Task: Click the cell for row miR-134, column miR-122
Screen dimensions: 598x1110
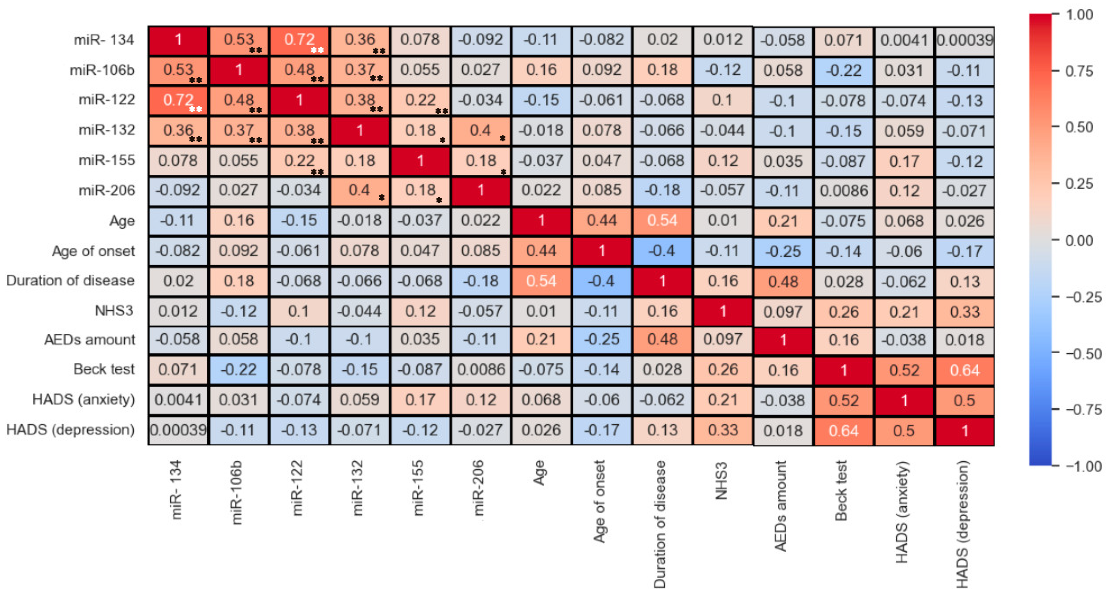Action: pyautogui.click(x=299, y=40)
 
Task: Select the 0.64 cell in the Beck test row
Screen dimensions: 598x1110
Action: pyautogui.click(x=965, y=370)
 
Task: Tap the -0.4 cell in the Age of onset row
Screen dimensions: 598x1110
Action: pyautogui.click(x=662, y=251)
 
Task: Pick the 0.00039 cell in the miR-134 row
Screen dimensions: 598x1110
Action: pyautogui.click(x=965, y=40)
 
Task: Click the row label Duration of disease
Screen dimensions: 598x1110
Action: pyautogui.click(x=70, y=281)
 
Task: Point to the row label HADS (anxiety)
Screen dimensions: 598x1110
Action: pyautogui.click(x=84, y=399)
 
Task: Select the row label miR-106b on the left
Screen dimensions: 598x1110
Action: pyautogui.click(x=102, y=70)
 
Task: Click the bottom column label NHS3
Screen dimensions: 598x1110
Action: pyautogui.click(x=721, y=481)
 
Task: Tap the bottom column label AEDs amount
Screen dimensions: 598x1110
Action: pyautogui.click(x=781, y=506)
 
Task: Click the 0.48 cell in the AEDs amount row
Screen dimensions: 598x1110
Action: pyautogui.click(x=662, y=340)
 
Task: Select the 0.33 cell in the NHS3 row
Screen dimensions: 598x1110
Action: pyautogui.click(x=965, y=312)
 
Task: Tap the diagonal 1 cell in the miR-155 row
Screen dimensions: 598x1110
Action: pyautogui.click(x=420, y=161)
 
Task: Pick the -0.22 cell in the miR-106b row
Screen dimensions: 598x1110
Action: pyautogui.click(x=844, y=70)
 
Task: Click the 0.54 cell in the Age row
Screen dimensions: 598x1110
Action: pyautogui.click(x=662, y=221)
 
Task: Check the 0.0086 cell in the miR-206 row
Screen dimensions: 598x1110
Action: pyautogui.click(x=844, y=191)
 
